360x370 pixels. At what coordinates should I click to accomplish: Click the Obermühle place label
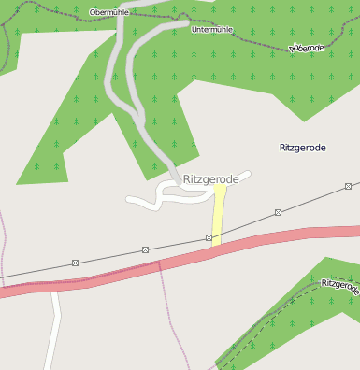point(108,12)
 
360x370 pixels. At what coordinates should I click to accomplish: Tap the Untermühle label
point(210,30)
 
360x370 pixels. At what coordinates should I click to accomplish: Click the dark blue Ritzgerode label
point(303,148)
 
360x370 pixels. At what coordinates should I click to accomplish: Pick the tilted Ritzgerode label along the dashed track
point(338,286)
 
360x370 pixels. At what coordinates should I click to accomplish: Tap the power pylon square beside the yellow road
point(209,237)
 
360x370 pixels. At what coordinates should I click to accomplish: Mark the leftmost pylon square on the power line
point(76,263)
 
